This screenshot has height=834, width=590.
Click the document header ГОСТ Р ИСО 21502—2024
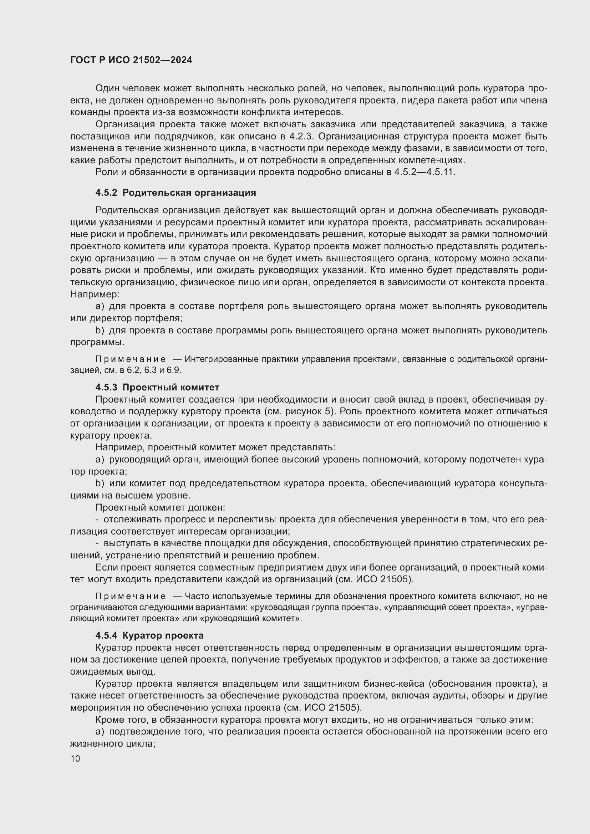[x=131, y=60]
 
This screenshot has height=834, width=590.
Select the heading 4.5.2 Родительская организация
[x=176, y=193]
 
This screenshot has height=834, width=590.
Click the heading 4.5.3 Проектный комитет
[x=157, y=387]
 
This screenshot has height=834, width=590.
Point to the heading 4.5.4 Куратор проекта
[x=149, y=635]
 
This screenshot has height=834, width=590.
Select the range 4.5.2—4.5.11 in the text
[x=424, y=172]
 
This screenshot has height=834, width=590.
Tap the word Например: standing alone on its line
[x=95, y=294]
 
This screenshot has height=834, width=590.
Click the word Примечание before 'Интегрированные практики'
[x=131, y=359]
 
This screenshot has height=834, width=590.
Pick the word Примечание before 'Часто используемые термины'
[x=131, y=596]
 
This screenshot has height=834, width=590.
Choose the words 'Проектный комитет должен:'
[x=160, y=507]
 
